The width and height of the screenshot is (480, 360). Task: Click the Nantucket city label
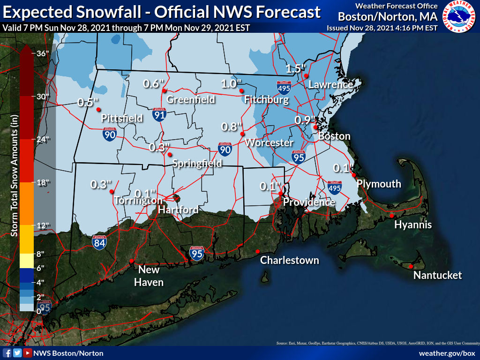(x=437, y=275)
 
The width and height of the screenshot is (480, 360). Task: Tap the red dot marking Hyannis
(x=391, y=216)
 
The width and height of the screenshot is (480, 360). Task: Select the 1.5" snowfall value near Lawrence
(x=296, y=68)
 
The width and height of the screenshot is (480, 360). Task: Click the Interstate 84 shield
(x=99, y=241)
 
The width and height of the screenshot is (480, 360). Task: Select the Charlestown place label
(x=289, y=260)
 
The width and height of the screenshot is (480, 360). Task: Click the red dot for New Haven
(x=132, y=261)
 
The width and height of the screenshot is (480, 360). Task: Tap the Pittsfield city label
(x=122, y=118)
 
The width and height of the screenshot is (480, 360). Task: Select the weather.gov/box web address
(x=447, y=353)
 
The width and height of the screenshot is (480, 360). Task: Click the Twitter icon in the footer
(x=17, y=353)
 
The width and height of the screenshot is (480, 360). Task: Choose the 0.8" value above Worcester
(x=232, y=127)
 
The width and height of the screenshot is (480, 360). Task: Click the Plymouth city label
(x=379, y=184)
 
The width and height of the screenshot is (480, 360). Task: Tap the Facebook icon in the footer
(x=7, y=353)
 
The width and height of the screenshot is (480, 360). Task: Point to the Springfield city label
(x=197, y=164)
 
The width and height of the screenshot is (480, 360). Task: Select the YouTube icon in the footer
(x=28, y=353)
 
